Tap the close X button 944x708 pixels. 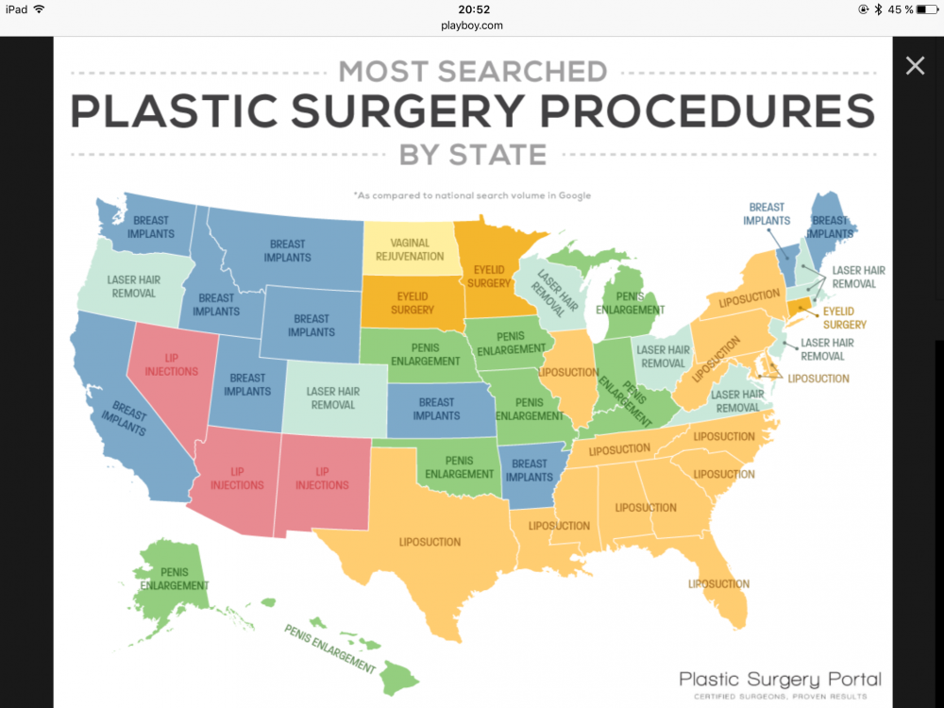(915, 65)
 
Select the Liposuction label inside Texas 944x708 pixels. (429, 542)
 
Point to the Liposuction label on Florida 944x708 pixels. (718, 584)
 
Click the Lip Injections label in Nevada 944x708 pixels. (171, 365)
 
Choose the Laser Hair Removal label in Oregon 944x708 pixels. (133, 286)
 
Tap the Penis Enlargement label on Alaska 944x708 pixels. (175, 579)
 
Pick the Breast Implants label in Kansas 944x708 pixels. (436, 409)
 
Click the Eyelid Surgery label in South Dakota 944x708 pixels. (412, 302)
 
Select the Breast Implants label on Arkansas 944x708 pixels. (529, 470)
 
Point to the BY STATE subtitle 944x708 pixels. (472, 154)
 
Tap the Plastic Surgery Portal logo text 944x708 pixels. (780, 679)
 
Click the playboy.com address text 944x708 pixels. (471, 25)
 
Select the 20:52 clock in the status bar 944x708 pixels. (471, 8)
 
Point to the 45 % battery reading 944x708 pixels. (901, 9)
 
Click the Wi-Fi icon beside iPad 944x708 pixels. (39, 9)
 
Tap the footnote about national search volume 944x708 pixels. (472, 195)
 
